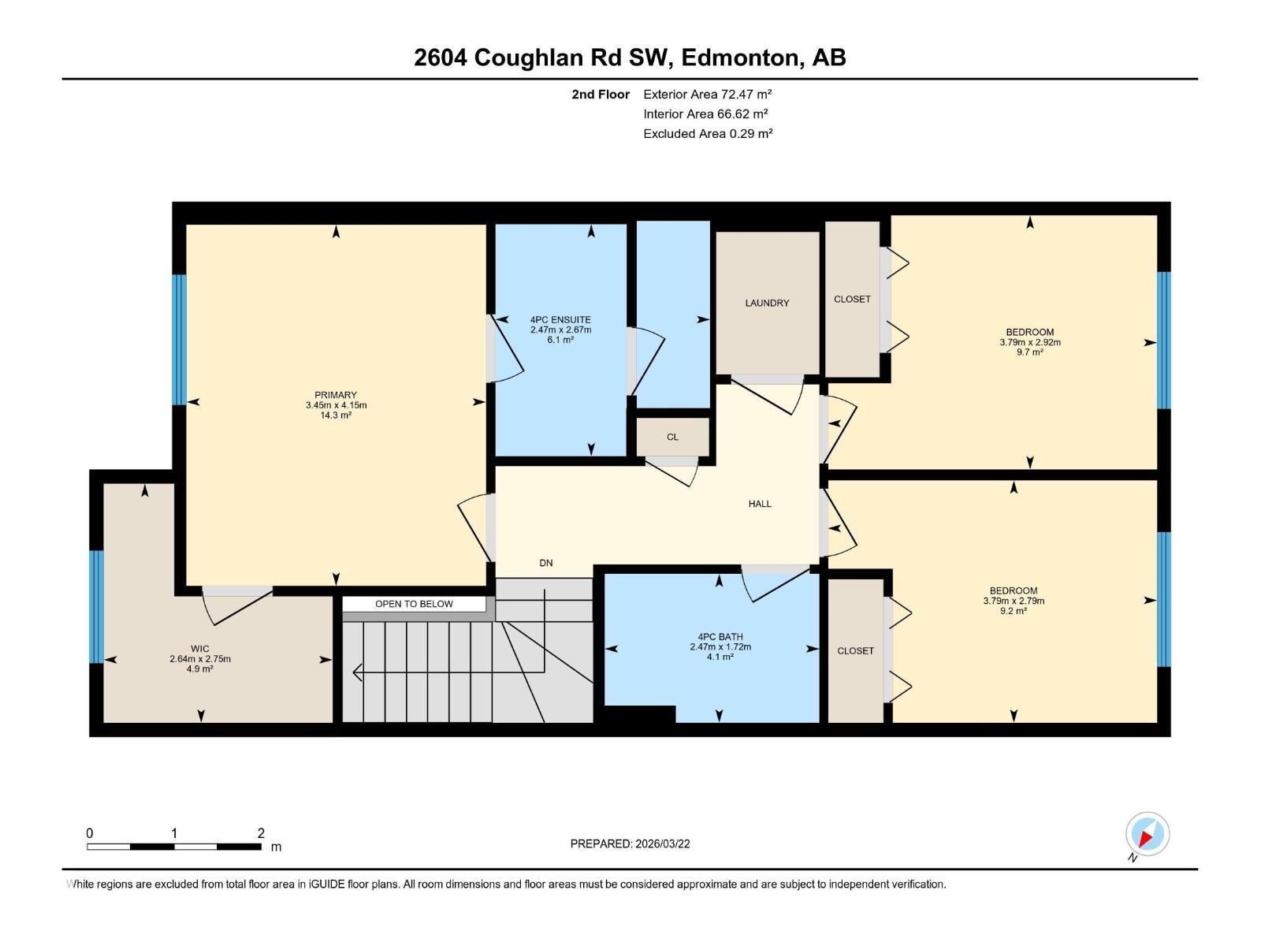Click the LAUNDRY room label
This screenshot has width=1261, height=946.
point(767,303)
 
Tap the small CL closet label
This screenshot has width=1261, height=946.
point(672,437)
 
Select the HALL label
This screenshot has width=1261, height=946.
point(760,504)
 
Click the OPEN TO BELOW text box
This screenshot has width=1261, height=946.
point(414,604)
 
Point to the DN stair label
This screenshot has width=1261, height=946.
point(546,563)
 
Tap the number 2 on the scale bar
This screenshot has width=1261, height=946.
point(261,832)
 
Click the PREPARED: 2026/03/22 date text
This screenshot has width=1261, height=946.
point(630,844)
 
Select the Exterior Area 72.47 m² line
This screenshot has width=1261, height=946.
point(707,94)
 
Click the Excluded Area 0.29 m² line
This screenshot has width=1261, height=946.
point(707,133)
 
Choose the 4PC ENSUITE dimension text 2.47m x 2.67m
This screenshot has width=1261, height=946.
point(560,330)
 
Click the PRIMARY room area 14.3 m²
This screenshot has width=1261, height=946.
point(336,415)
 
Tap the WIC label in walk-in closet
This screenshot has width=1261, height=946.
point(200,649)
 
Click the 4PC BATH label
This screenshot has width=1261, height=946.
point(720,637)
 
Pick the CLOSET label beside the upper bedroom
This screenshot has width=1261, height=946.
point(852,299)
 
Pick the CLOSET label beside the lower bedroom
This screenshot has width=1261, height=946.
point(855,650)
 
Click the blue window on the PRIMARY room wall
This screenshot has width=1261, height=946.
point(180,340)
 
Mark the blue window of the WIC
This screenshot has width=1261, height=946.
point(96,606)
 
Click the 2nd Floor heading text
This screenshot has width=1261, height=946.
point(601,94)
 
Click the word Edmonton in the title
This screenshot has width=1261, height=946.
point(739,58)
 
